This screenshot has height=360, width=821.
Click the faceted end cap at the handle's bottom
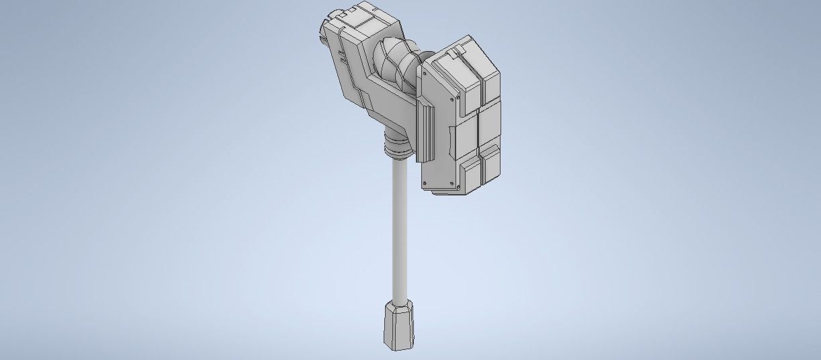398,326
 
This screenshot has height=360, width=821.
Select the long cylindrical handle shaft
398,228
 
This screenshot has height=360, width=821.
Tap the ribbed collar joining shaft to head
396,146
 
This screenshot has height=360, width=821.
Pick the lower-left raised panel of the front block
470,173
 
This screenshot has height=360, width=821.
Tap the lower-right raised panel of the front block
492,163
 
